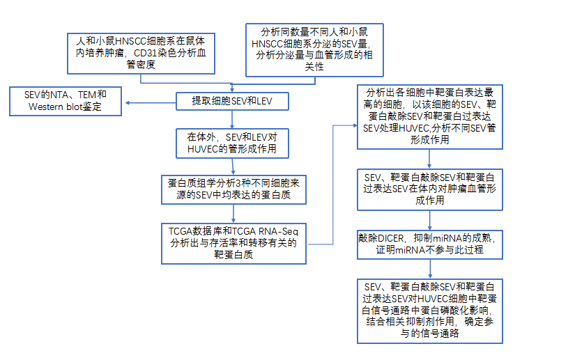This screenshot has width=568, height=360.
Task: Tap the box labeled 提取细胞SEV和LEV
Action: (x=231, y=102)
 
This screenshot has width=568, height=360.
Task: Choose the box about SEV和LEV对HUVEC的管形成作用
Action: (x=233, y=143)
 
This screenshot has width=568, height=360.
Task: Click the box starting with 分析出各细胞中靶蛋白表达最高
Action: (x=430, y=116)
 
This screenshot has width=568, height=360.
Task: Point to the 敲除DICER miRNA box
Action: (x=430, y=244)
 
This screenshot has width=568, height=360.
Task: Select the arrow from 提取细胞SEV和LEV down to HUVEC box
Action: (x=233, y=120)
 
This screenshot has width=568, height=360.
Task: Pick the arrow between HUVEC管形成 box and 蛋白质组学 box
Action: (x=233, y=165)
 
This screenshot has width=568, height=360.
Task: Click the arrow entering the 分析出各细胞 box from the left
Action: (x=345, y=125)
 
